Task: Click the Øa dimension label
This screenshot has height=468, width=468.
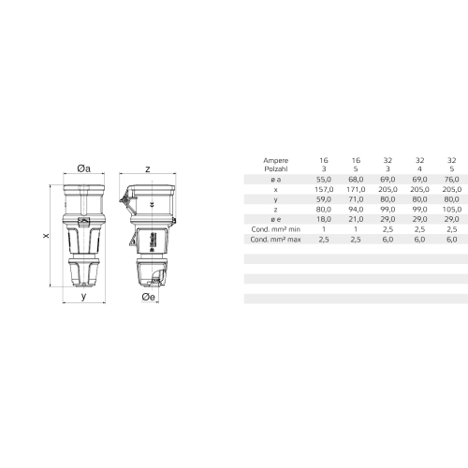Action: (x=83, y=168)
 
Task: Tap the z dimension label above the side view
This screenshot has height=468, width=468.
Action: (x=148, y=169)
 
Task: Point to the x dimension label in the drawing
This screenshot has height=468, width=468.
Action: (x=46, y=236)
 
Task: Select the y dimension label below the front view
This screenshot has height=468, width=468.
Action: (x=83, y=296)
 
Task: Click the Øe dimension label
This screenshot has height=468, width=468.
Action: (x=148, y=297)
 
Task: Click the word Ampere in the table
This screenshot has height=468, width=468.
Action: (x=275, y=161)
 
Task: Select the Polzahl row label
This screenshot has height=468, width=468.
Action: (x=276, y=169)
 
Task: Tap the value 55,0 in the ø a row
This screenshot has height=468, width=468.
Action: (x=324, y=180)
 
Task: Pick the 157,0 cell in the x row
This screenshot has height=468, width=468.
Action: (x=324, y=189)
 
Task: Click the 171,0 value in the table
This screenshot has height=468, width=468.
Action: (x=356, y=189)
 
